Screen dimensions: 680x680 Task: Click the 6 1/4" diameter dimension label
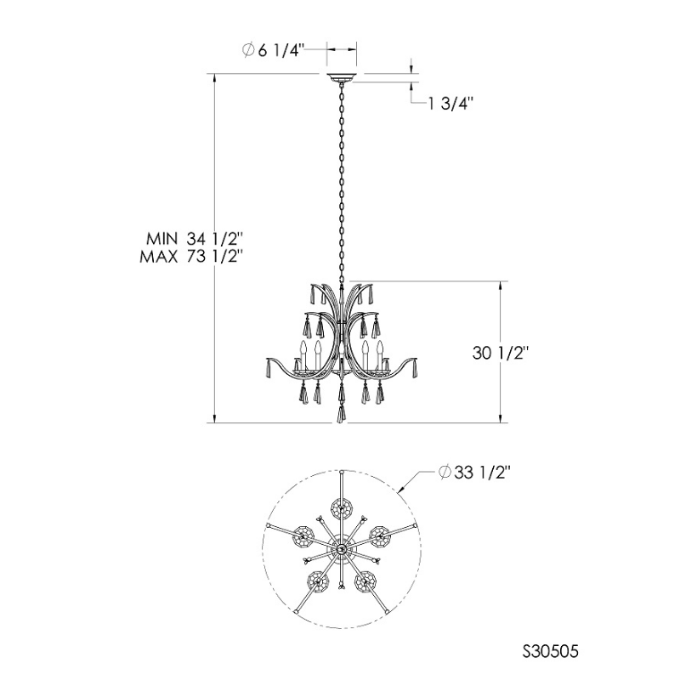(x=271, y=51)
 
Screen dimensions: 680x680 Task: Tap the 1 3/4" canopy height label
(x=450, y=104)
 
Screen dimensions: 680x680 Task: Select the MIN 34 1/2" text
(x=194, y=239)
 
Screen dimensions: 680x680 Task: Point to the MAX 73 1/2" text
(x=190, y=257)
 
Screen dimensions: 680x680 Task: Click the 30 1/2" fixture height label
(x=500, y=353)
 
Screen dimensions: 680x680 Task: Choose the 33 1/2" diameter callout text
(x=473, y=473)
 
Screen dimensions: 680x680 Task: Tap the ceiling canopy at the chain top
(x=342, y=78)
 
